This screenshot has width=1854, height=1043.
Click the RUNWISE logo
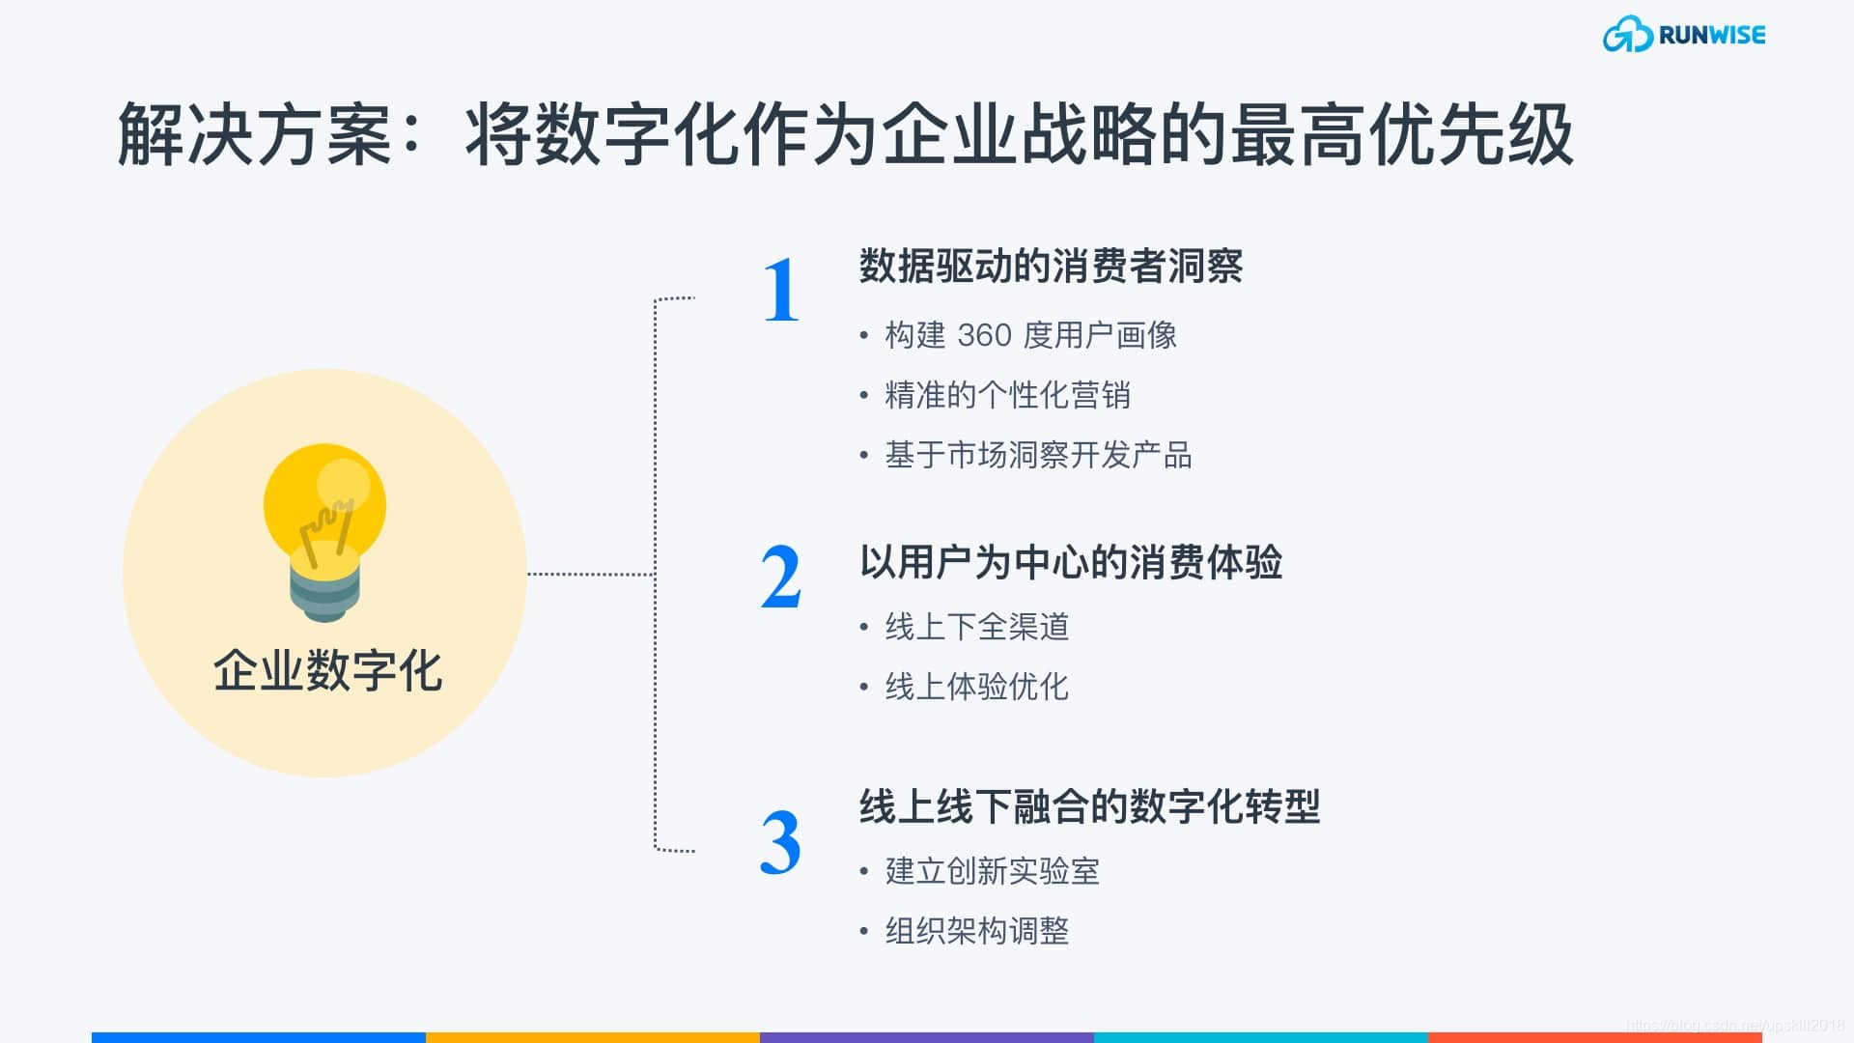pyautogui.click(x=1684, y=35)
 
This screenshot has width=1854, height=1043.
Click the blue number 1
pyautogui.click(x=781, y=291)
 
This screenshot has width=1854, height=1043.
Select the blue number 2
pyautogui.click(x=781, y=578)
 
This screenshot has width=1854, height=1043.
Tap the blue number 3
pyautogui.click(x=780, y=843)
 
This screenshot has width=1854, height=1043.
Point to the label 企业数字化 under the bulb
pyautogui.click(x=327, y=670)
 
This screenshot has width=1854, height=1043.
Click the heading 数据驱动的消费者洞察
pyautogui.click(x=1051, y=267)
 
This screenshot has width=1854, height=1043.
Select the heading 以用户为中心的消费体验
pyautogui.click(x=1071, y=562)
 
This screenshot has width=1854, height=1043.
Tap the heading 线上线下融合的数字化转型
pyautogui.click(x=1089, y=806)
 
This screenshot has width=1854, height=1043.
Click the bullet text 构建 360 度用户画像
pyautogui.click(x=1030, y=335)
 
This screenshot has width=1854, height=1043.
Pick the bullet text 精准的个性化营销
pyautogui.click(x=1007, y=395)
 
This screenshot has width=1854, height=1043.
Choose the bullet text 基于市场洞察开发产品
pyautogui.click(x=1038, y=455)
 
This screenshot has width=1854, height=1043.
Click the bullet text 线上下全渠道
pyautogui.click(x=977, y=627)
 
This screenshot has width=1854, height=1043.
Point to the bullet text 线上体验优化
pyautogui.click(x=977, y=687)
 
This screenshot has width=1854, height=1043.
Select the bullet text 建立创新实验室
pyautogui.click(x=992, y=871)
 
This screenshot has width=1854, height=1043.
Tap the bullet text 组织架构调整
pyautogui.click(x=977, y=931)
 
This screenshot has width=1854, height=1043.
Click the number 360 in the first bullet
pyautogui.click(x=984, y=335)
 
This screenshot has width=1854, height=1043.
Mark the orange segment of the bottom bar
pyautogui.click(x=593, y=1037)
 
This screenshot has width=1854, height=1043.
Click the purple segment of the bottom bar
pyautogui.click(x=927, y=1037)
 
